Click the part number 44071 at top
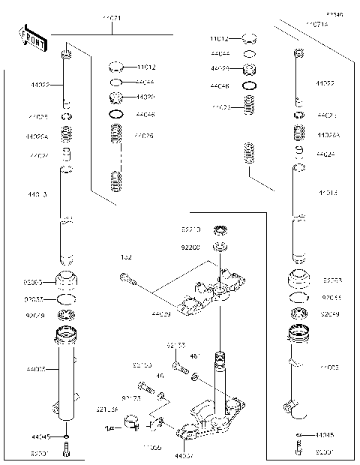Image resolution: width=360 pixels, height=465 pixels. pos(110,17)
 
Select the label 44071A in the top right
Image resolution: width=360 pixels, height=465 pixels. pos(316,25)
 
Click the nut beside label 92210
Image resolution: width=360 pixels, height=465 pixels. pos(220,229)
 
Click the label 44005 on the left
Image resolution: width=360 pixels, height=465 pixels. pos(36,370)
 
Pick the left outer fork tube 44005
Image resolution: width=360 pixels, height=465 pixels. pos(67,375)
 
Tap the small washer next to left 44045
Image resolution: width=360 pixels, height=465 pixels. pos(67,436)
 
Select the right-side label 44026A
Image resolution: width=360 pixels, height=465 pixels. pos(328,136)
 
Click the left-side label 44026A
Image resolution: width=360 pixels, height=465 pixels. pos(37,136)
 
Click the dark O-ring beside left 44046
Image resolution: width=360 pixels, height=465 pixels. pos(116,114)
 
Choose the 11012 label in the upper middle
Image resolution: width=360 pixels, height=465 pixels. pos(219,37)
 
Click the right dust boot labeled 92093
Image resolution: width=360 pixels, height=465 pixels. pos(298,279)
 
